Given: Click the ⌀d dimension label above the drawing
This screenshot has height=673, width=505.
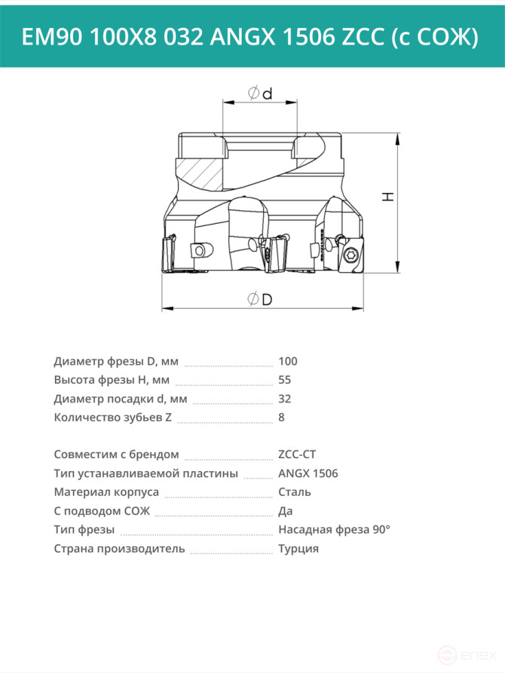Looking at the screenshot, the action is coord(260,93).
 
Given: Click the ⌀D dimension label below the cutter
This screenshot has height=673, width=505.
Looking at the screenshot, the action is coord(260,298).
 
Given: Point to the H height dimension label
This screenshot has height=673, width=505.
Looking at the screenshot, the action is coord(388,197).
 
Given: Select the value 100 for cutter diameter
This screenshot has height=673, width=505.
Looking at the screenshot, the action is coord(288,362).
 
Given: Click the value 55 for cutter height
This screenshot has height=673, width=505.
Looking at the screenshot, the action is coord(284,380).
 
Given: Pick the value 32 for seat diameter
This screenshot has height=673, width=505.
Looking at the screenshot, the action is coord(284,399).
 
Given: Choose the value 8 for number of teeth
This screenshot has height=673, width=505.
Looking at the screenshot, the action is coord(281,418).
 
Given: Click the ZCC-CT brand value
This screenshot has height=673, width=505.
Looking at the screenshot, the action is coord(297,454).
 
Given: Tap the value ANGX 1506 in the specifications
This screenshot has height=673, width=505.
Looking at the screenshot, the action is coord(308,473).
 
